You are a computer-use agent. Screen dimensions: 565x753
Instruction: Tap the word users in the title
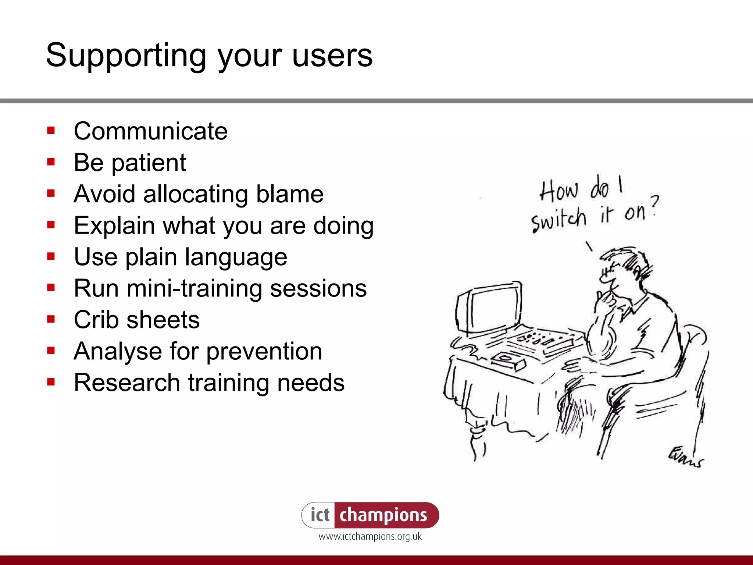point(332,56)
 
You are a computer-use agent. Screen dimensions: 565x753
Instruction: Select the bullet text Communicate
point(151,131)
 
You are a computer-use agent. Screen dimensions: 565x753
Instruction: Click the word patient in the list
point(149,163)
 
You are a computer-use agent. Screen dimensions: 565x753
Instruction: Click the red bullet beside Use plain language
point(51,256)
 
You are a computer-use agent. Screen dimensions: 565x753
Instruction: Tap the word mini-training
point(195,288)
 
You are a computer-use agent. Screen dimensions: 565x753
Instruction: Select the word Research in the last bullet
point(127,383)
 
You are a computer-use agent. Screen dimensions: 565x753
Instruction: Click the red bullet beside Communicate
point(51,130)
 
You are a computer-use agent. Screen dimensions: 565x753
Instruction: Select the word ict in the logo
point(320,515)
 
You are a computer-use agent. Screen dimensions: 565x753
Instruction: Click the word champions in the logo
point(383,515)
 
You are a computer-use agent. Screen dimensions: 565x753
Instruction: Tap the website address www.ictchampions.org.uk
point(370,537)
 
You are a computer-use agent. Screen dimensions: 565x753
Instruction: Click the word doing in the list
point(343,226)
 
